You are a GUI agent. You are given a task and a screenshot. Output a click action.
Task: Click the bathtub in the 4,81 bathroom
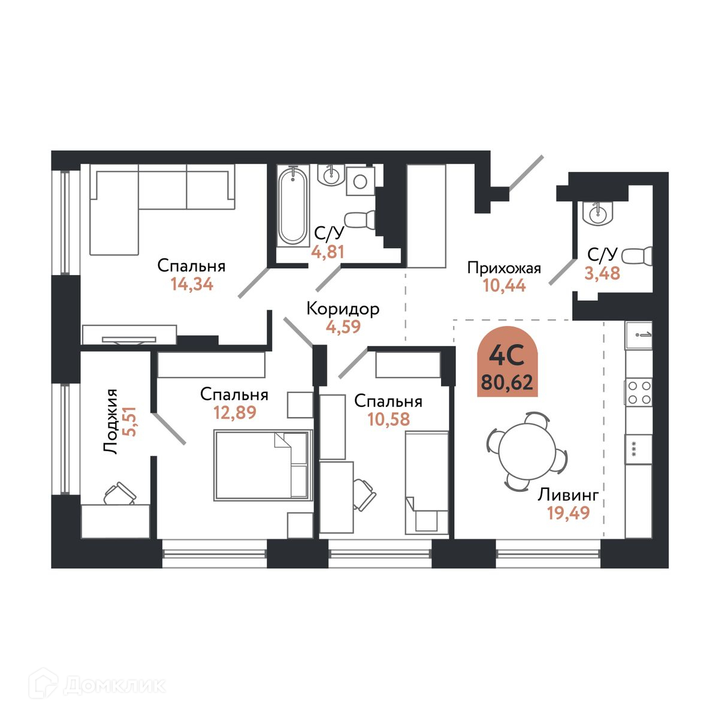(293, 206)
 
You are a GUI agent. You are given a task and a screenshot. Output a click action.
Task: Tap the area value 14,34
(192, 285)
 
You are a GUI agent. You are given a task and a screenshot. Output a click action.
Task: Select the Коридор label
(343, 309)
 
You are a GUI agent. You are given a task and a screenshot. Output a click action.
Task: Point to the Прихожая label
(504, 268)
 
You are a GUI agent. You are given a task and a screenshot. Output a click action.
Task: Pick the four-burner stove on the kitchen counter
(639, 392)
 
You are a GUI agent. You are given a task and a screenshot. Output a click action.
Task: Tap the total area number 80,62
(507, 382)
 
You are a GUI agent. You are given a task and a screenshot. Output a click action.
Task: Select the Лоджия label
(110, 421)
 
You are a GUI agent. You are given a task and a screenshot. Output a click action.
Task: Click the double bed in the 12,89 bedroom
(263, 465)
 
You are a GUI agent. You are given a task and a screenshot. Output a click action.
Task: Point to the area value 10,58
(389, 419)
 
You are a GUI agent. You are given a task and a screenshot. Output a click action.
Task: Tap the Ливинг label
(568, 495)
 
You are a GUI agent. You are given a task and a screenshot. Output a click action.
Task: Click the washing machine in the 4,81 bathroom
(360, 181)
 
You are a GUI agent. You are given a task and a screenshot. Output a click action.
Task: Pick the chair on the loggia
(119, 494)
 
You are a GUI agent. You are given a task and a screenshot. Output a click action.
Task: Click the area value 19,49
(568, 513)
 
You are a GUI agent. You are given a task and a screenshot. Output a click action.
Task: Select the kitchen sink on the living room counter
(639, 335)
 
